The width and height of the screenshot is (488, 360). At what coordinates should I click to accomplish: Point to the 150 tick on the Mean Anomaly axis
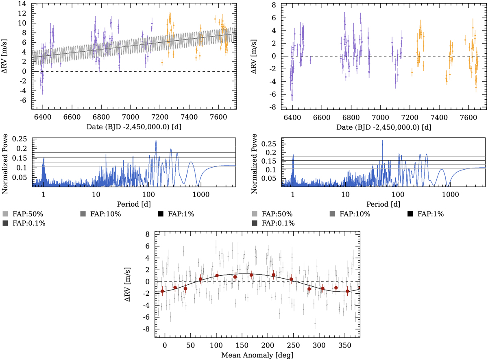click(x=242, y=345)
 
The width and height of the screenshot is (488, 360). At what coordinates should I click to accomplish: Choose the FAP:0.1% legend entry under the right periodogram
click(x=278, y=223)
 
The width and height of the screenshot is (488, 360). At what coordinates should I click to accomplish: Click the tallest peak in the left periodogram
click(x=156, y=141)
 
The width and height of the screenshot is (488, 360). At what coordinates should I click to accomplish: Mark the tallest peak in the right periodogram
click(x=382, y=141)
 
